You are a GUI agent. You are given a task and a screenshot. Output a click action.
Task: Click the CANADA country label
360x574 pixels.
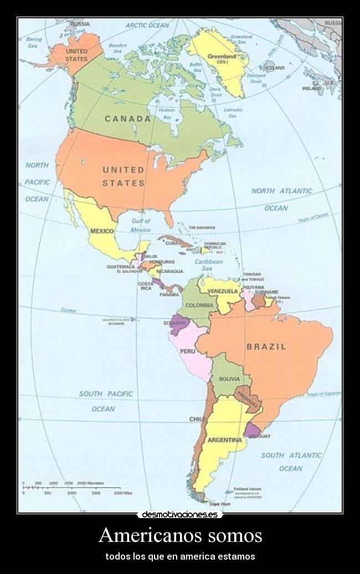click(128, 119)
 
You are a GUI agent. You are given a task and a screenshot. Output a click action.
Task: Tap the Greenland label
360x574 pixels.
click(222, 57)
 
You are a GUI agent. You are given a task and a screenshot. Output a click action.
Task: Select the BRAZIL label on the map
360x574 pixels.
click(266, 347)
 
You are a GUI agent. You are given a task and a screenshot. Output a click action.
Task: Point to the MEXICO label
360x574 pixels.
click(102, 231)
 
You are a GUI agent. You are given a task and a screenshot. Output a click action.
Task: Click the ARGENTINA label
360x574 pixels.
click(224, 441)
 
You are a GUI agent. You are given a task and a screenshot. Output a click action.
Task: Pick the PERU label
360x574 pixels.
click(187, 351)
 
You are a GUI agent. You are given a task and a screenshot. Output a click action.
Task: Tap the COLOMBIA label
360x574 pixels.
click(199, 306)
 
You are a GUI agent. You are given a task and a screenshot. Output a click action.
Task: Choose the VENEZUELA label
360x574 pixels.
click(223, 291)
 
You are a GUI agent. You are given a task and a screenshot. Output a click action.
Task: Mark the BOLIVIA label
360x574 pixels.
click(229, 379)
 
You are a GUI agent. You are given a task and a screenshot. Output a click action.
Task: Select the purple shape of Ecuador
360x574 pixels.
click(178, 325)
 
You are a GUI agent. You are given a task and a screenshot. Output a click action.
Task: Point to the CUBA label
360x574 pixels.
click(171, 243)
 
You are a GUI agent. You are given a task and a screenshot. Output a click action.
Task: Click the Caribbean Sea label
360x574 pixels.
click(209, 265)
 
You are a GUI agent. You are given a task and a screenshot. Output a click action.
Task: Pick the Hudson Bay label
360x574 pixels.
click(166, 113)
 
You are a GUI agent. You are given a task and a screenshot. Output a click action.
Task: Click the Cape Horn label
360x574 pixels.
click(219, 504)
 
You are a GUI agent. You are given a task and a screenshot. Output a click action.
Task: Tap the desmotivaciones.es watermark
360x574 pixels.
click(179, 515)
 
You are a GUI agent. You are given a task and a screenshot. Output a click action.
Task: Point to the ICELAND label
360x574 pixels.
click(275, 68)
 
